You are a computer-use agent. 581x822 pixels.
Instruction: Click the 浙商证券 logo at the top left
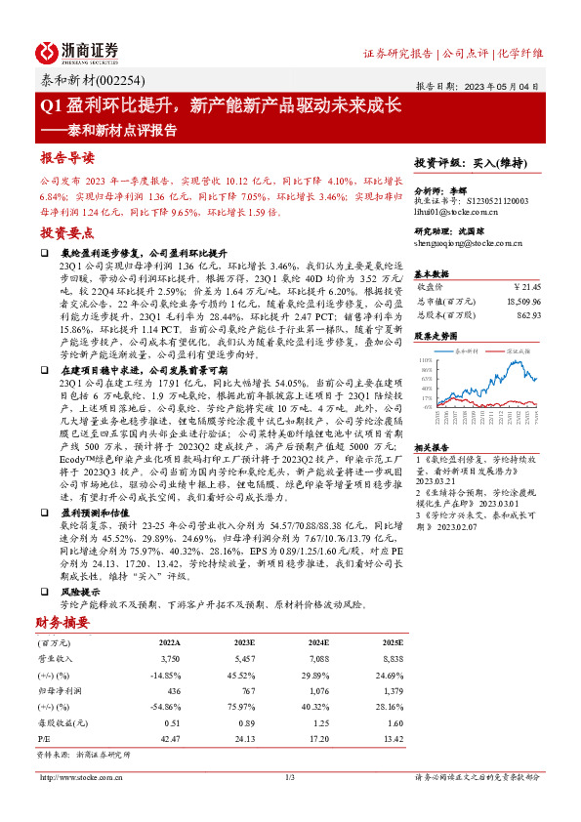point(79,51)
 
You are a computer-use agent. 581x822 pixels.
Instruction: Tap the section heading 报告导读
point(67,158)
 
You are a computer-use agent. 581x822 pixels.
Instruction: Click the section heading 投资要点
point(67,233)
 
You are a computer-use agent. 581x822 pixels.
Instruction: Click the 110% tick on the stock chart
point(425,359)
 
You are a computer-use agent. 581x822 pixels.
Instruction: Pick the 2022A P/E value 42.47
point(168,738)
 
